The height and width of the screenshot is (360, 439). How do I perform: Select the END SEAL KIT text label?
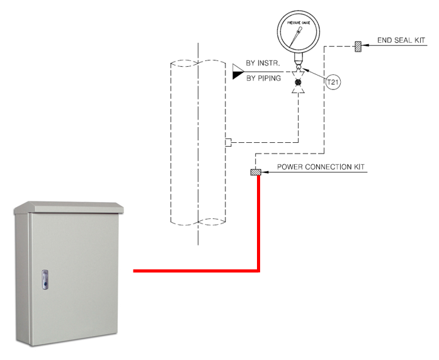[x=401, y=40]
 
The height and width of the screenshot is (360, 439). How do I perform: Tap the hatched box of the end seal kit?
[x=357, y=46]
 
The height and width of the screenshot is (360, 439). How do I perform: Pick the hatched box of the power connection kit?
[x=256, y=173]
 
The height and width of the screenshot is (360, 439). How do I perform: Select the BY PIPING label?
[x=263, y=78]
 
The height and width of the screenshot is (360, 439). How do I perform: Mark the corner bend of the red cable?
[x=258, y=271]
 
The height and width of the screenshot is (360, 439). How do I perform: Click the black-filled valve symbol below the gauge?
[x=299, y=82]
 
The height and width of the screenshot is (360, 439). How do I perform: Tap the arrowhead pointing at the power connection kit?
[x=265, y=173]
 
